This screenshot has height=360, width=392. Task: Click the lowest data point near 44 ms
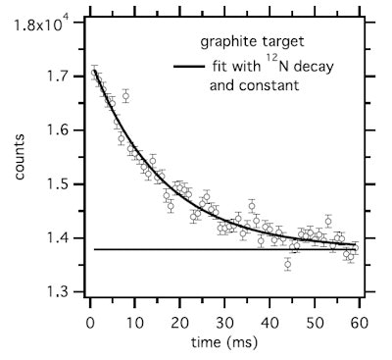click(x=287, y=264)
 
